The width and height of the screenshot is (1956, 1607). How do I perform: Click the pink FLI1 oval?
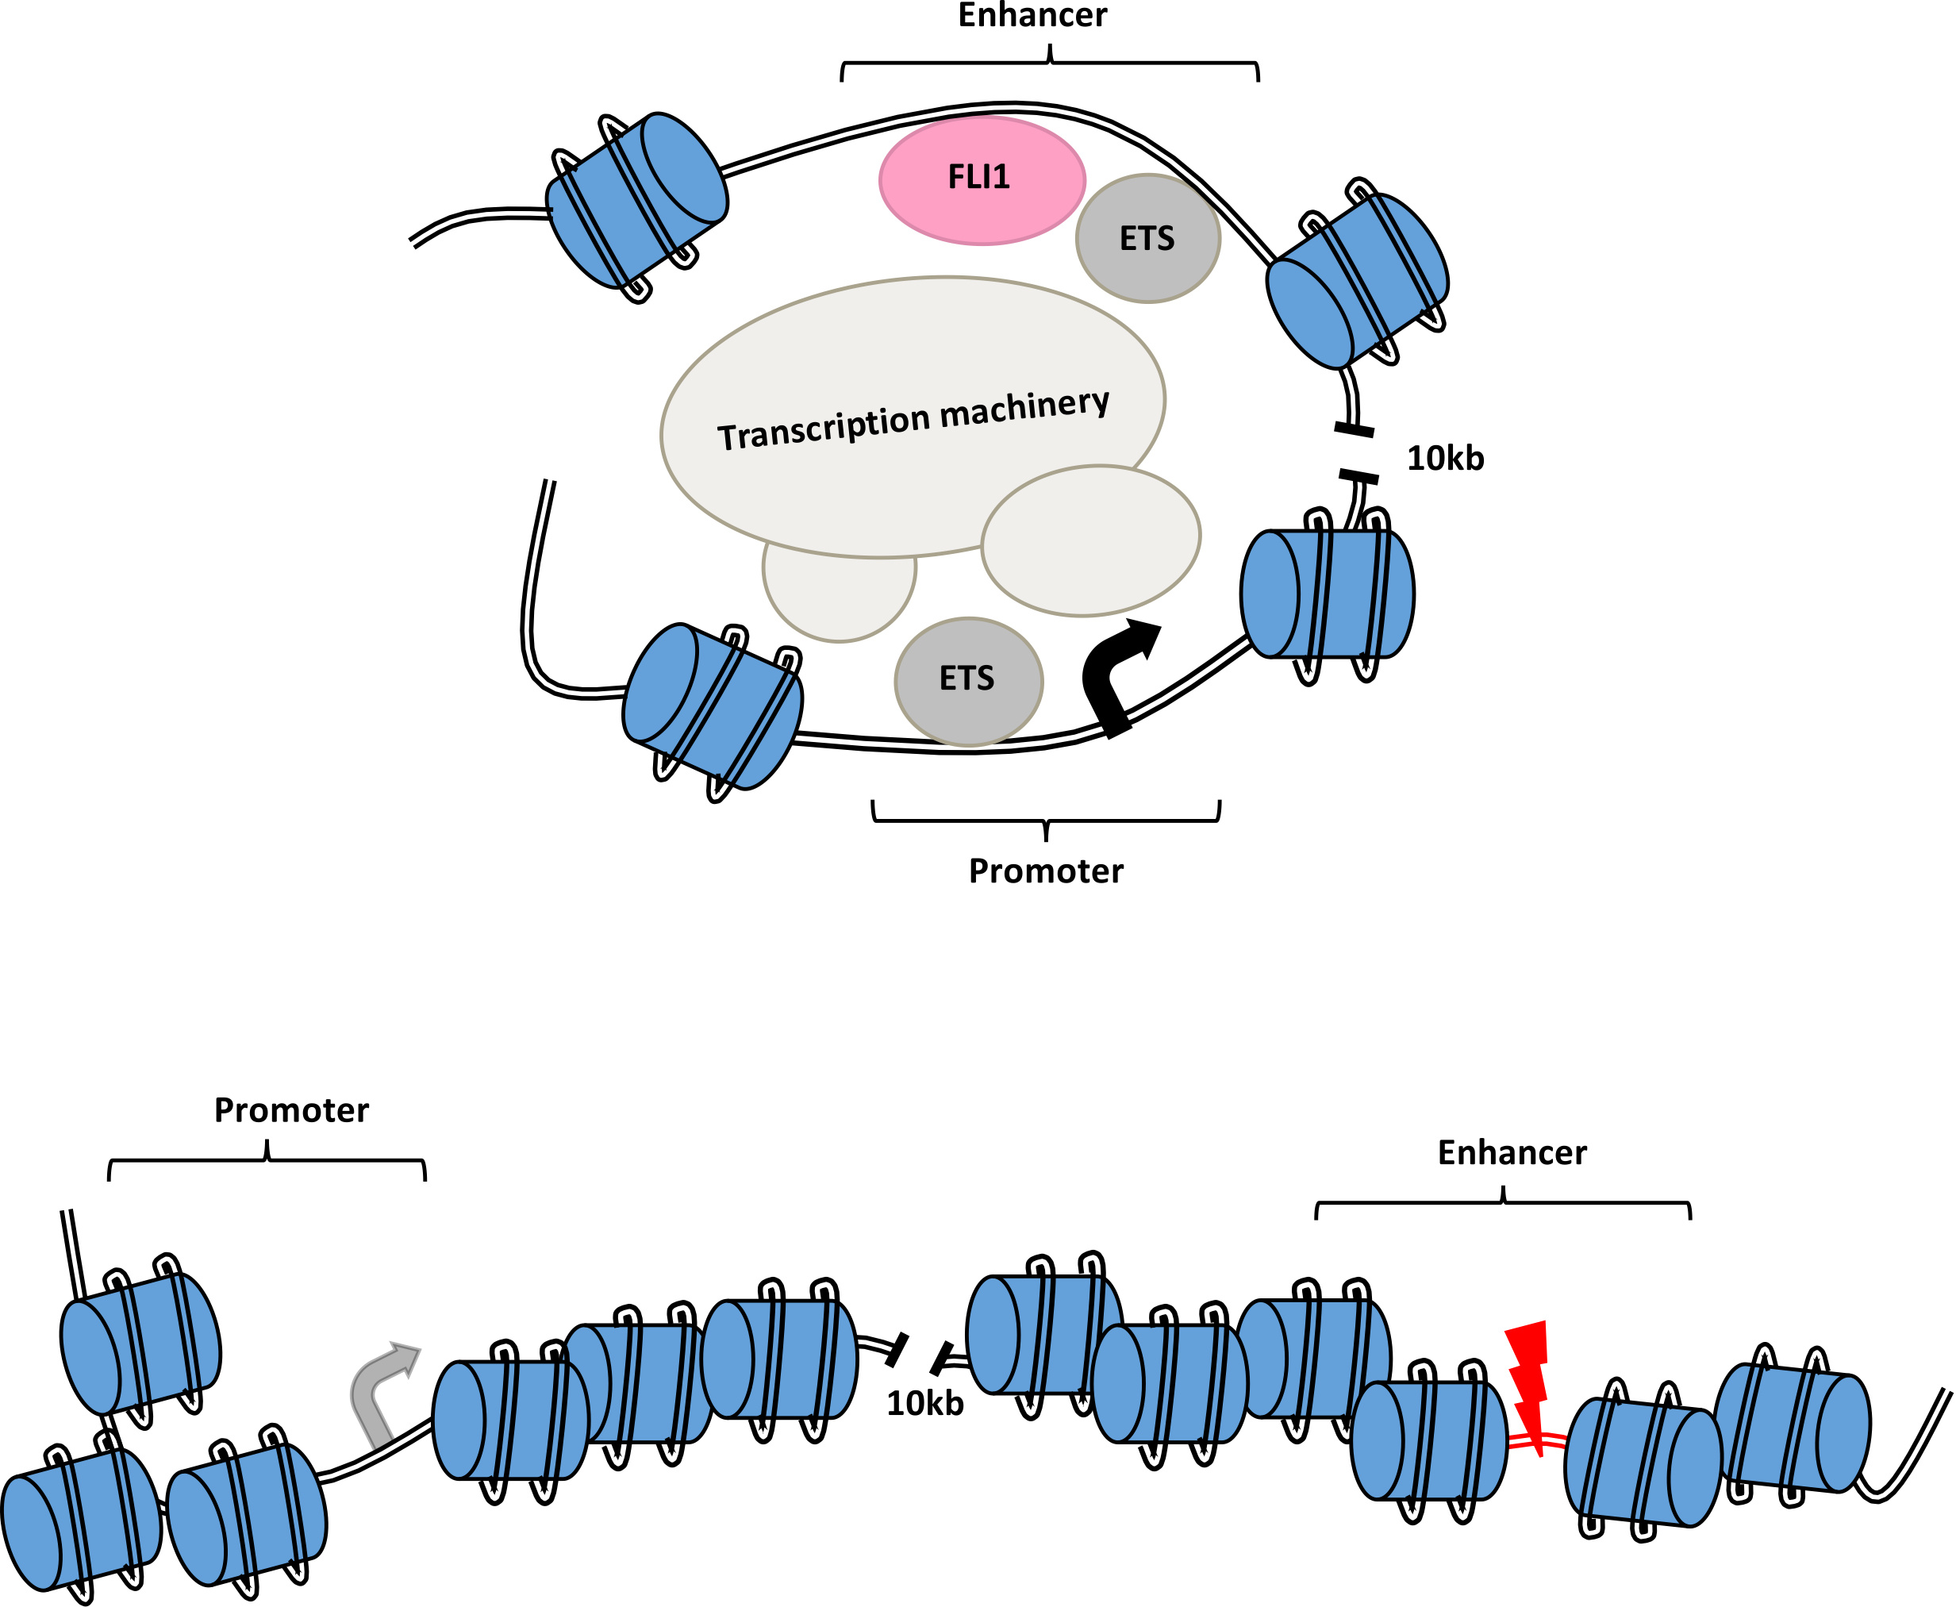click(982, 179)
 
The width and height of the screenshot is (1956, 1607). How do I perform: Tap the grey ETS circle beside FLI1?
click(1148, 239)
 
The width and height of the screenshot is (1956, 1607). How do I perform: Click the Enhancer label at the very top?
click(1032, 16)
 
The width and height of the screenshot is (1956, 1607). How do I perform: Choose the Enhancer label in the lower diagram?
click(1512, 1152)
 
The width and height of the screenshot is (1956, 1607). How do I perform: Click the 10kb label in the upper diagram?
click(1445, 458)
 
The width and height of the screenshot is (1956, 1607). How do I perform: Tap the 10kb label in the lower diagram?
click(924, 1403)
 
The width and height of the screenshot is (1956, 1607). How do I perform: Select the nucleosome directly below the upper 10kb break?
click(1328, 594)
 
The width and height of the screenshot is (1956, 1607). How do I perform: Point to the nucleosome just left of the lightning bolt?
click(1429, 1440)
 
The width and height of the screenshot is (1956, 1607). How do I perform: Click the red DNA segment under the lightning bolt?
click(1537, 1441)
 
